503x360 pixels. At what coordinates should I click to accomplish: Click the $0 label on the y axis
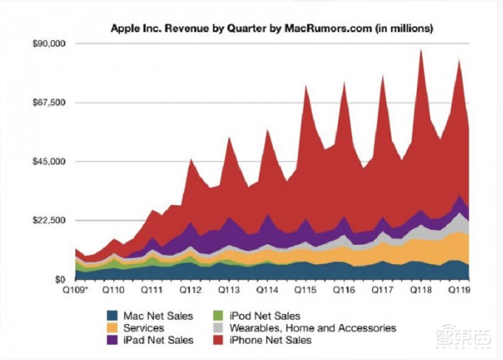coord(62,279)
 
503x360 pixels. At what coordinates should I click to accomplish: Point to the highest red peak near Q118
coord(421,52)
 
